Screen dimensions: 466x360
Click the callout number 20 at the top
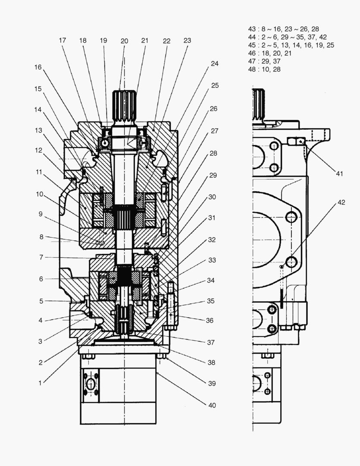124,41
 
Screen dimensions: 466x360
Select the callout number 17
63,40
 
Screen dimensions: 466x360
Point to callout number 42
341,202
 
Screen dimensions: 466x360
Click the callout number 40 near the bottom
212,405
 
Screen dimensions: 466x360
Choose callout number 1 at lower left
41,383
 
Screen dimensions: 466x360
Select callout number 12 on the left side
40,151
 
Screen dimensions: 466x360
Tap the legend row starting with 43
283,29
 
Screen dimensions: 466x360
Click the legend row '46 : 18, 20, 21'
270,53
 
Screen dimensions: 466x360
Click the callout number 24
214,63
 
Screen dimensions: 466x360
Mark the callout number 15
38,88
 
